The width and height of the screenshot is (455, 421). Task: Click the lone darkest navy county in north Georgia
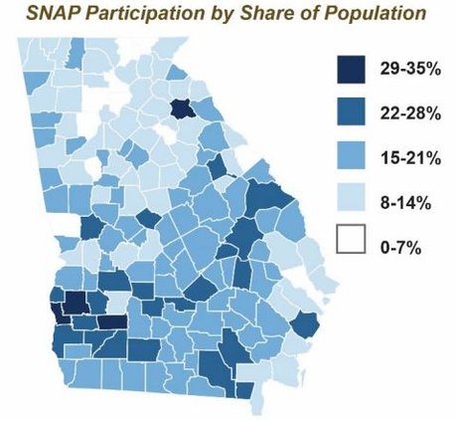(182, 108)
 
